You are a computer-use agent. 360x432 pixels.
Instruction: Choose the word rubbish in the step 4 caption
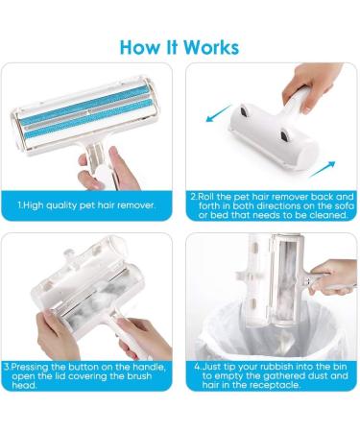point(256,367)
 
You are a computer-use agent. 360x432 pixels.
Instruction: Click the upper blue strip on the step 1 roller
point(86,102)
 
